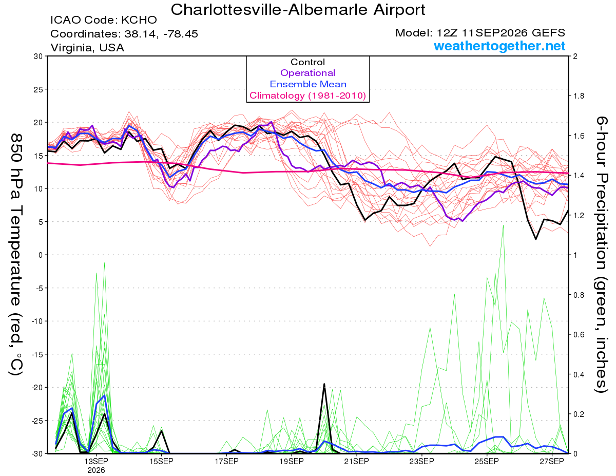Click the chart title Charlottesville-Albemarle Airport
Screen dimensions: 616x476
point(298,10)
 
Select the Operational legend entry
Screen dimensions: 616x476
point(307,73)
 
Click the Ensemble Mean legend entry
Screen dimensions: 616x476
point(308,84)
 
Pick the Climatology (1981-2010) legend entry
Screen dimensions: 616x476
point(307,96)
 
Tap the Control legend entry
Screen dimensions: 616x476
point(307,62)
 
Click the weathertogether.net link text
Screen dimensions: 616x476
point(499,46)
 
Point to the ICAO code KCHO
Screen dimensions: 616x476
point(139,20)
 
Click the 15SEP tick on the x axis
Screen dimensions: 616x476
point(161,461)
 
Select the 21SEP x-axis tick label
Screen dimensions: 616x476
point(356,461)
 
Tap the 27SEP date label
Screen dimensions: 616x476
point(552,461)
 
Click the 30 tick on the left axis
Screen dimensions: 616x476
point(38,56)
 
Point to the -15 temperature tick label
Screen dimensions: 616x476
point(36,354)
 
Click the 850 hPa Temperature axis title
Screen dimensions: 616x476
point(16,255)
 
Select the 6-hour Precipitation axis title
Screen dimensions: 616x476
point(601,255)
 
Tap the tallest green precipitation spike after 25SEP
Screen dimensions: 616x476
point(503,225)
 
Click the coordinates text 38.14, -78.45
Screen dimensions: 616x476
point(161,34)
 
